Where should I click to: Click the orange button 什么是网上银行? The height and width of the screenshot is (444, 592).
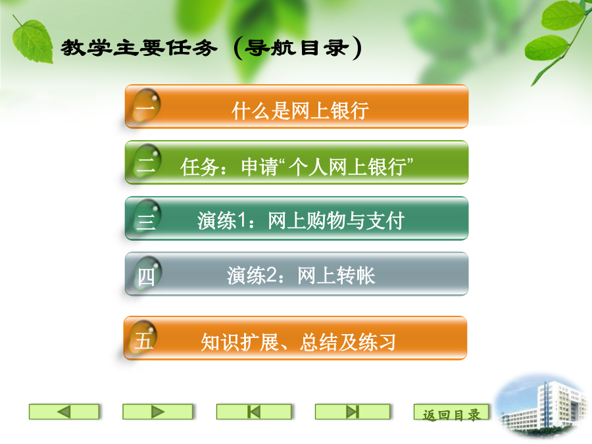click(297, 107)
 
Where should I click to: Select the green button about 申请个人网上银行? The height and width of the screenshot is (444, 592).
click(297, 162)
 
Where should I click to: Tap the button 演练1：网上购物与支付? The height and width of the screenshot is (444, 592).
click(297, 218)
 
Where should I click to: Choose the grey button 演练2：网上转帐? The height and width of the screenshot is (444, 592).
click(297, 274)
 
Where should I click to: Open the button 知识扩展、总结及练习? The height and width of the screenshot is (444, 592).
click(295, 338)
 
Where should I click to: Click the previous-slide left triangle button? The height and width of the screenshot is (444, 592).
click(64, 412)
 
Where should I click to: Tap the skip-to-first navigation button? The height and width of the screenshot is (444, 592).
click(254, 412)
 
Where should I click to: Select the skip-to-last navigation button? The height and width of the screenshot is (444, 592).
click(353, 412)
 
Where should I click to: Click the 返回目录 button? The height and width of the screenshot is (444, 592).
click(451, 412)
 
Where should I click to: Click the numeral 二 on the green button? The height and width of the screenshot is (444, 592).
click(146, 164)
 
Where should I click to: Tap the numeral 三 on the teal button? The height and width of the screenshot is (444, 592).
click(146, 220)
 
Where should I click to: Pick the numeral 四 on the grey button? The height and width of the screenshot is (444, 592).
click(146, 277)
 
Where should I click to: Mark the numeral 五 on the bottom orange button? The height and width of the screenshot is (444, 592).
click(144, 341)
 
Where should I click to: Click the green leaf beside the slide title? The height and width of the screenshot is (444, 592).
click(32, 41)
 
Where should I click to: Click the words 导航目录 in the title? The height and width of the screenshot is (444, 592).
click(297, 48)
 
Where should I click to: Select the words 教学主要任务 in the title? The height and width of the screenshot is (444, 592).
click(139, 48)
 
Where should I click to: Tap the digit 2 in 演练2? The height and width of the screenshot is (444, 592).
click(272, 275)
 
